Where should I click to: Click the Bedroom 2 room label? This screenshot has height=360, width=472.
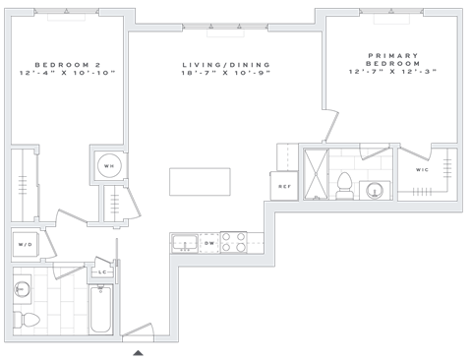[67, 70]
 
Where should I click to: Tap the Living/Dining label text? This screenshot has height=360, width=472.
[225, 70]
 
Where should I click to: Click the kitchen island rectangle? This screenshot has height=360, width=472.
[200, 182]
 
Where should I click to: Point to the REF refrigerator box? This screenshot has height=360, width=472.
[283, 185]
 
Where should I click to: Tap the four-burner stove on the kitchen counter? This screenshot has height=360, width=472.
[233, 241]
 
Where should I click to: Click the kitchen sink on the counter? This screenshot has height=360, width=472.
[183, 241]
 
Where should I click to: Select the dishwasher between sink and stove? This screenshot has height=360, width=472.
[209, 241]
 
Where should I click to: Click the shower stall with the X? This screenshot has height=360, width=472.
[317, 173]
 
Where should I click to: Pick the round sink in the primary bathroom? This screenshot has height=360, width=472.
[374, 189]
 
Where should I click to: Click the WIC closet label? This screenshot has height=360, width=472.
[423, 171]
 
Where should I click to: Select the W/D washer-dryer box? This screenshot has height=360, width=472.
[25, 243]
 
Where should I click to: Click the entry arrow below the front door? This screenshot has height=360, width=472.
[139, 350]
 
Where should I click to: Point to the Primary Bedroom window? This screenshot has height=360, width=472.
[390, 12]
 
